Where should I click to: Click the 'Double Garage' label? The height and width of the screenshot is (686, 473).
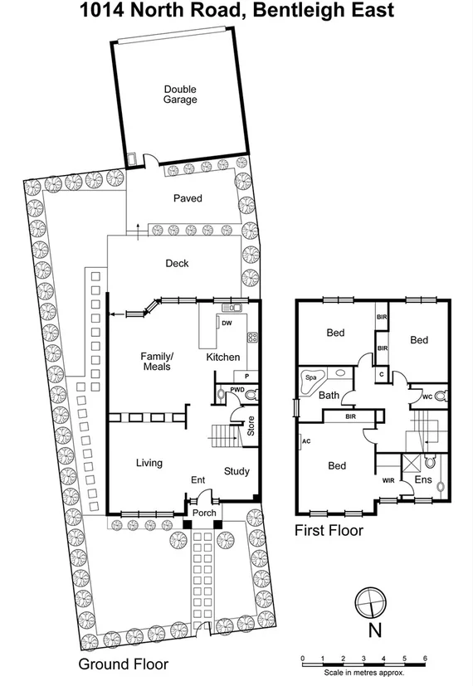coord(180,95)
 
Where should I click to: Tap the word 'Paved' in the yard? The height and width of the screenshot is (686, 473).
coord(188,199)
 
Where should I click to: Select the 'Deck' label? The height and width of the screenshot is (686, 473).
coord(177,264)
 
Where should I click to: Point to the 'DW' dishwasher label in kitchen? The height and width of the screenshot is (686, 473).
coord(227,323)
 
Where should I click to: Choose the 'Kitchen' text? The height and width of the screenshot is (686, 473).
coord(223,358)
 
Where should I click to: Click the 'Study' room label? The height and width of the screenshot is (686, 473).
coord(236,472)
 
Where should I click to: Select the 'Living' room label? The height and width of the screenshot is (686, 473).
coord(149,463)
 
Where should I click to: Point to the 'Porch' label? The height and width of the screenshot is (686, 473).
coord(204,513)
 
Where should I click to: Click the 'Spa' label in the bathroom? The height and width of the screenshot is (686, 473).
coord(311,377)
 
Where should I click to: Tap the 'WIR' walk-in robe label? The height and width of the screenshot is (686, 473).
coord(388,480)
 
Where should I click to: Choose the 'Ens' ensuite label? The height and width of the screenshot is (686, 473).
coord(423,480)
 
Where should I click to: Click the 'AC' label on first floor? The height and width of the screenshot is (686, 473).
coord(306,440)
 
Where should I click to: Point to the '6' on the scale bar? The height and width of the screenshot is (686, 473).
coord(426,658)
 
